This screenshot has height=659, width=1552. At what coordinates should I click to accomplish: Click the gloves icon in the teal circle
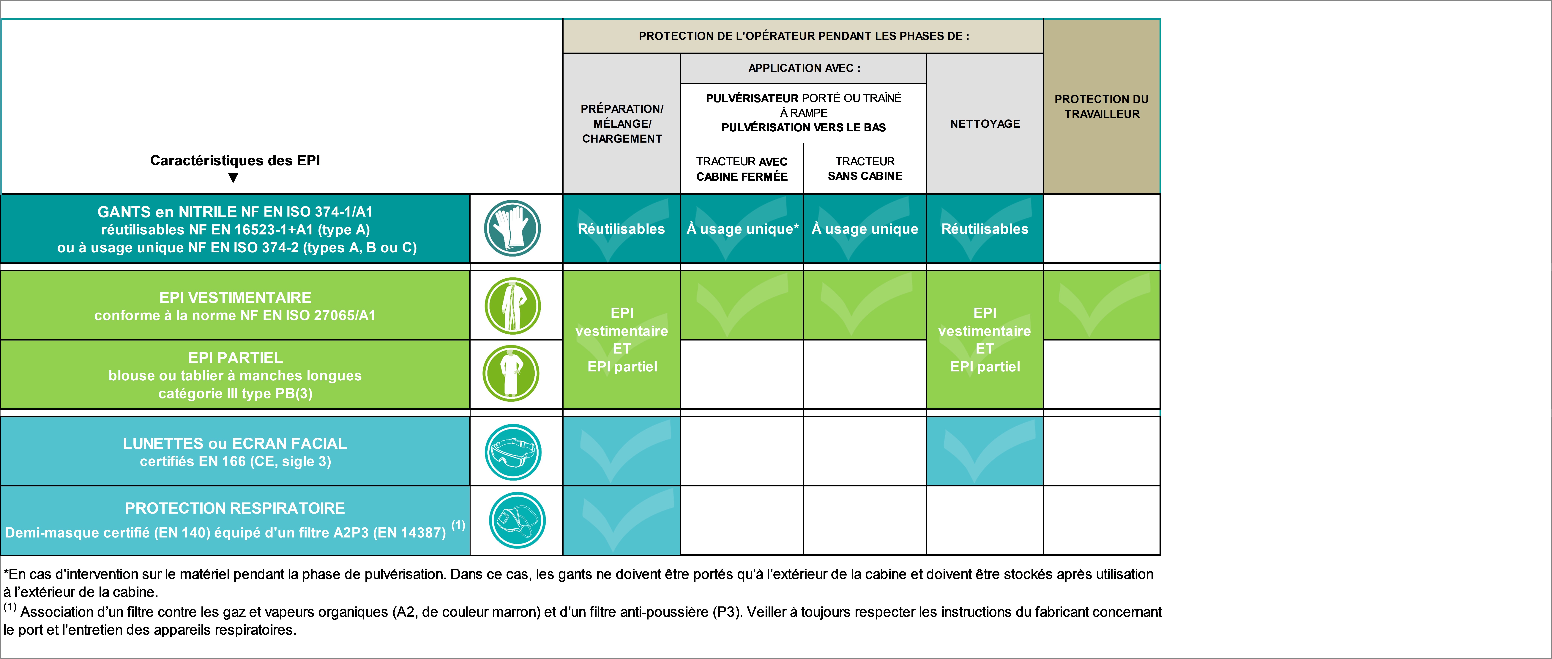click(x=512, y=228)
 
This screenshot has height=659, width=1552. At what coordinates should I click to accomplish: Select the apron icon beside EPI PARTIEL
click(x=511, y=373)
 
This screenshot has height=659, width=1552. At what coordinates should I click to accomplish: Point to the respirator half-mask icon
click(x=517, y=521)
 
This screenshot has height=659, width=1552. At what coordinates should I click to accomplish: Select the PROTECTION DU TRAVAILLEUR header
click(x=1101, y=107)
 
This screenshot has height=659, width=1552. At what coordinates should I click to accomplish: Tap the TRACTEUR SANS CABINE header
click(x=865, y=169)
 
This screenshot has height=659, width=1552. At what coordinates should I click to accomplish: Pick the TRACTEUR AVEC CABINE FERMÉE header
click(x=742, y=169)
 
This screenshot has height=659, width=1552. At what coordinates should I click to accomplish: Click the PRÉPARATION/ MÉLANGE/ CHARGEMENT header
click(x=622, y=124)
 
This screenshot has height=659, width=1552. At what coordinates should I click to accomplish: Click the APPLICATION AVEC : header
click(x=804, y=68)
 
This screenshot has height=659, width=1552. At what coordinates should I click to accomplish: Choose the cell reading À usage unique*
click(x=742, y=229)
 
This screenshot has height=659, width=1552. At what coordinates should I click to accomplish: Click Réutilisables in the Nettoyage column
click(x=985, y=229)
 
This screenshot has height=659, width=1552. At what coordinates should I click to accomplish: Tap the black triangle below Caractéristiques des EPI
click(x=233, y=178)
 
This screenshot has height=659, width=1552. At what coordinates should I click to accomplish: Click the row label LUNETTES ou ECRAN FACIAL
click(x=235, y=443)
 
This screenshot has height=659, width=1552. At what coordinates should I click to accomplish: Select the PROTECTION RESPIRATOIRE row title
click(x=235, y=508)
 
